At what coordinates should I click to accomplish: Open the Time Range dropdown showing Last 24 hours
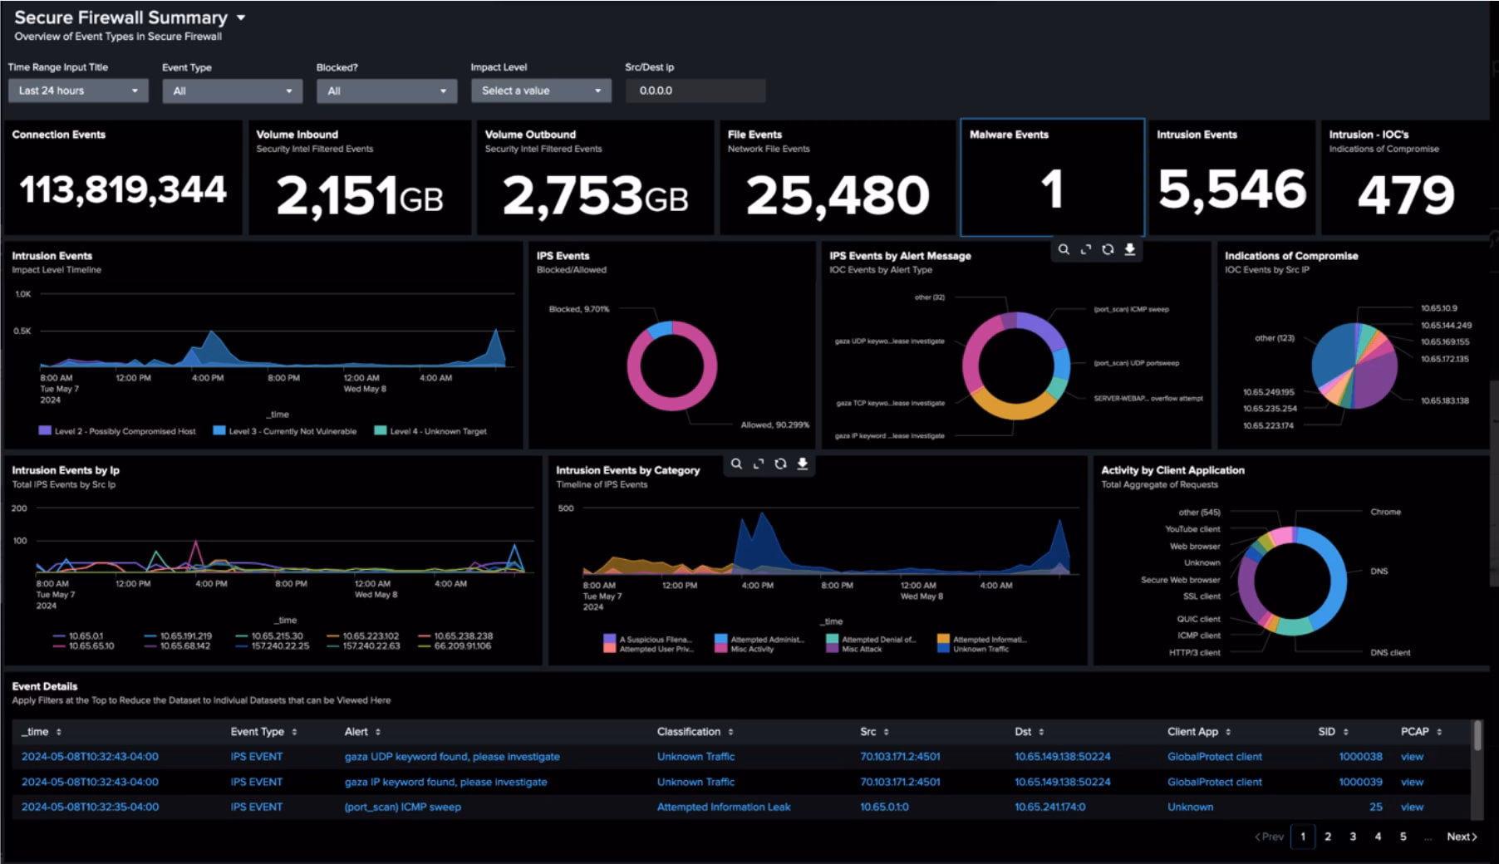(77, 91)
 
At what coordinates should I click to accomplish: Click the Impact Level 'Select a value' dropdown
(540, 91)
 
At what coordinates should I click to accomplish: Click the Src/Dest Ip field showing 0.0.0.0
(694, 91)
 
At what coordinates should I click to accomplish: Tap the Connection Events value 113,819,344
(122, 190)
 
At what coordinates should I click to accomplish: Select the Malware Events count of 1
(1051, 189)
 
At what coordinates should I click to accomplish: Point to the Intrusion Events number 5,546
(1231, 189)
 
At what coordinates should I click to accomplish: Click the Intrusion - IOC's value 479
(1405, 194)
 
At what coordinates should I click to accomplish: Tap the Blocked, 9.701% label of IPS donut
(578, 309)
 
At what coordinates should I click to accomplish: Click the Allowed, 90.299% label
(774, 425)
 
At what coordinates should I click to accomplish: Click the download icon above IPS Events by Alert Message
(1130, 249)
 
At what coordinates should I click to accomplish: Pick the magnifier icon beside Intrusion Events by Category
(736, 464)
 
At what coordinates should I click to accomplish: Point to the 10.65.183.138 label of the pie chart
(1444, 400)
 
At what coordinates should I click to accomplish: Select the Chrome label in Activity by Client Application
(1385, 512)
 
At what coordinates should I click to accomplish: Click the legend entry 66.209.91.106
(462, 646)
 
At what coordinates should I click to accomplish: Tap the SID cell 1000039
(1360, 782)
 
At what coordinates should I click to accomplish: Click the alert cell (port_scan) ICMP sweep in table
(402, 807)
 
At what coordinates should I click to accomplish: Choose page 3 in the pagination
(1353, 837)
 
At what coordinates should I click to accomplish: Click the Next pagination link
(1461, 837)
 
